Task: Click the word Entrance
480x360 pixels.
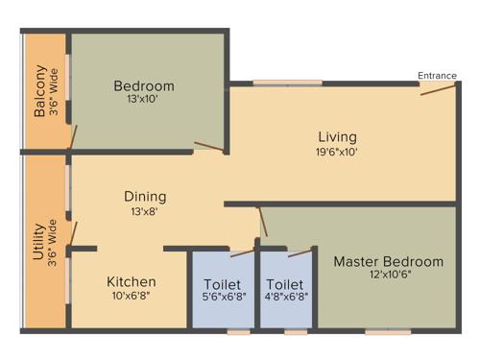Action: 437,76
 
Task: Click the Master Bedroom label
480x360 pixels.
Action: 388,261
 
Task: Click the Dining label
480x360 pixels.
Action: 144,196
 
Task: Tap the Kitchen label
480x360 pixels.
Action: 132,281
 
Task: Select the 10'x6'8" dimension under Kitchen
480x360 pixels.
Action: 132,296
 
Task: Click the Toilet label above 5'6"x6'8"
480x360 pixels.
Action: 222,284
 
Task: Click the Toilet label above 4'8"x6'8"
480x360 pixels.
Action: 285,284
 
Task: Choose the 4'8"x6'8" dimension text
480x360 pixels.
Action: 285,298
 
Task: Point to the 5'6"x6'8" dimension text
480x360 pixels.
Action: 222,298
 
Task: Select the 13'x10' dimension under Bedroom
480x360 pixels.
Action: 142,100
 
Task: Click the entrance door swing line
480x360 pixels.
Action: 437,89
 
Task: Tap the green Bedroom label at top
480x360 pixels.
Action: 142,85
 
